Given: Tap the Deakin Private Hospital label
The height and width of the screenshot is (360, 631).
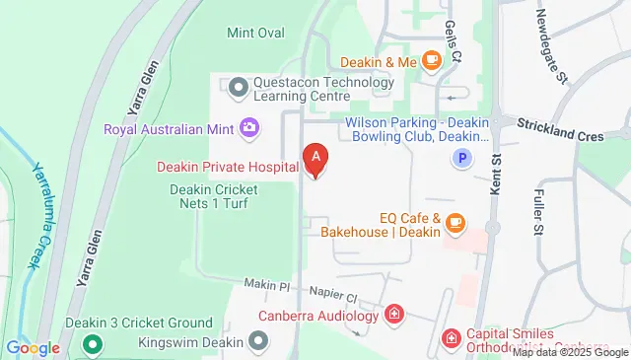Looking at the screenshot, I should pyautogui.click(x=228, y=167).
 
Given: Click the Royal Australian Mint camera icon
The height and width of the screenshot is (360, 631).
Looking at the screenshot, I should pyautogui.click(x=249, y=127).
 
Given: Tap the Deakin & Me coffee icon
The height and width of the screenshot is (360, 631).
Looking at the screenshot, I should pyautogui.click(x=431, y=61).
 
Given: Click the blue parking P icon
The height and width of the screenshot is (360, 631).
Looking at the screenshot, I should pyautogui.click(x=460, y=158).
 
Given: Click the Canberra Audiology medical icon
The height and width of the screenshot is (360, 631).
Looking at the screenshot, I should pyautogui.click(x=394, y=316).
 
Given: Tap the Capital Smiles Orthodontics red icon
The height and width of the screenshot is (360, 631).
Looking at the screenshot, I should pyautogui.click(x=451, y=338).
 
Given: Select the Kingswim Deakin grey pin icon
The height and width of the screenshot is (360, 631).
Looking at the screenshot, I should pyautogui.click(x=258, y=341).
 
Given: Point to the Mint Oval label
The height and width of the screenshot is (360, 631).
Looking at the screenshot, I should pyautogui.click(x=255, y=33).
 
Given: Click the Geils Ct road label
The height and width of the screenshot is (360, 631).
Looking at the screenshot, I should pyautogui.click(x=453, y=39).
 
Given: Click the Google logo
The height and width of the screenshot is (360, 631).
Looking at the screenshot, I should pyautogui.click(x=33, y=347).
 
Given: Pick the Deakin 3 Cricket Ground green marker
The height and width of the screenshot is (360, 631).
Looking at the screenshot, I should pyautogui.click(x=92, y=344).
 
